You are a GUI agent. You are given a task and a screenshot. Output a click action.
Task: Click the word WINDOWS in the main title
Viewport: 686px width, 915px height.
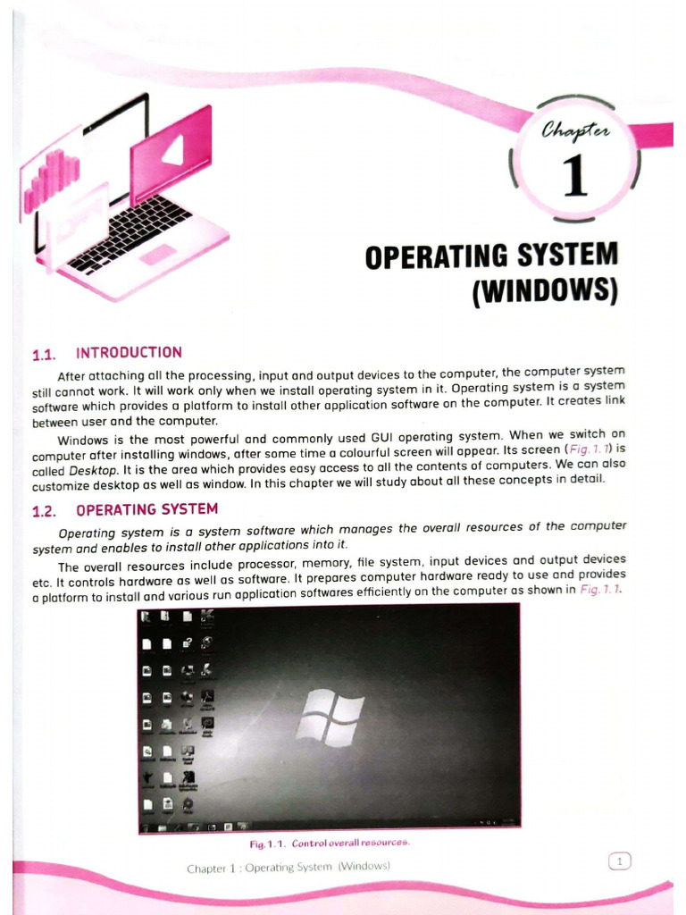[x=545, y=292]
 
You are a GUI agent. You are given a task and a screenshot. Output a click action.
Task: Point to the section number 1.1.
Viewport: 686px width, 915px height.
[x=45, y=355]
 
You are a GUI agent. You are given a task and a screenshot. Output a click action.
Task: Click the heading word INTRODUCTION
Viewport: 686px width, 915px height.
[x=129, y=353]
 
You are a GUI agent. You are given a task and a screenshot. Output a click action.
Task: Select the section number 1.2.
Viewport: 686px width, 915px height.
[x=45, y=511]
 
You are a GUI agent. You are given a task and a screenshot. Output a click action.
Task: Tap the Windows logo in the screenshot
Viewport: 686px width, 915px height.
[x=330, y=717]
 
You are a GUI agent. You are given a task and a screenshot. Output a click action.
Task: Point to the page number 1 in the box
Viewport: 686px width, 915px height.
[x=619, y=861]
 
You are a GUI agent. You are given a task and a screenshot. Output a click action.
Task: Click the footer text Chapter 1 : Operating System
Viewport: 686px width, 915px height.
[x=289, y=867]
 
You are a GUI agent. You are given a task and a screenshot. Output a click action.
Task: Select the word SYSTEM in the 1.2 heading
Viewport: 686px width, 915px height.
[x=188, y=509]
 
